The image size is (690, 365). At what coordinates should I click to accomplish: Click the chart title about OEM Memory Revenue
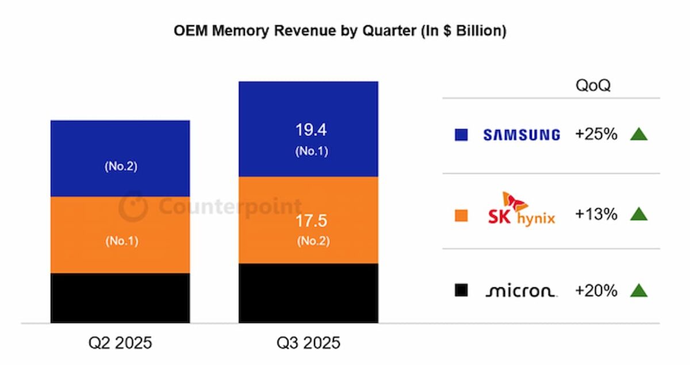coord(340,31)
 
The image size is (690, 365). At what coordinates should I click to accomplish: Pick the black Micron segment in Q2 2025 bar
coord(120,298)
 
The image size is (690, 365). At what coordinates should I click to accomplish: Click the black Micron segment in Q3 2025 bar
coord(308,293)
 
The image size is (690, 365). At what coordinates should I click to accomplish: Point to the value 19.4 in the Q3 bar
coord(311,130)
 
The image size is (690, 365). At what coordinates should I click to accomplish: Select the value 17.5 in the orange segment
coord(311,221)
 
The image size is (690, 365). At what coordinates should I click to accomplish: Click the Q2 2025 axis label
coord(120,344)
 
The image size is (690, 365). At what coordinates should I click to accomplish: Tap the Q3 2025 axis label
coord(308,344)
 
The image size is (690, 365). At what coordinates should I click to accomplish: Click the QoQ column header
coord(593,86)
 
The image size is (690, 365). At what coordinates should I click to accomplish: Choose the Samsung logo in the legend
coord(521,135)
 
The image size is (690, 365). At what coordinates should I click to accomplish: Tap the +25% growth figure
coord(596,135)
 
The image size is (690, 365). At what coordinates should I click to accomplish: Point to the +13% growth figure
coord(596,214)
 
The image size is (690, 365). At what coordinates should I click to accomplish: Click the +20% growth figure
coord(596,291)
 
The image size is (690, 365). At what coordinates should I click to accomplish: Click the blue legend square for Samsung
coord(461,135)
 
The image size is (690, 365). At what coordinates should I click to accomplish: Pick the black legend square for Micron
coord(461,291)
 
